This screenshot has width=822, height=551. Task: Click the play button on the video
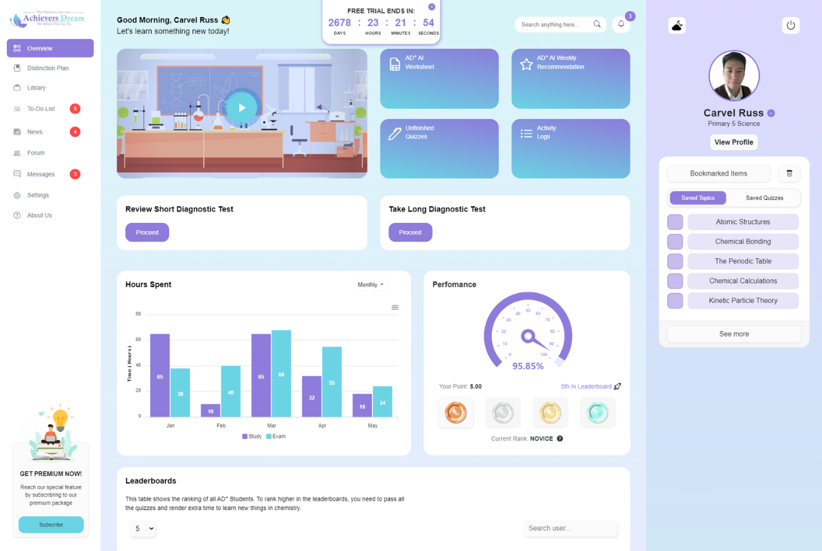[242, 108]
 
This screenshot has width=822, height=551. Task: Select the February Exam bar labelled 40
[230, 391]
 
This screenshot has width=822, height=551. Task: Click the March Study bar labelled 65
[261, 376]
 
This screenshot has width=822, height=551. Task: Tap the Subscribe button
[51, 524]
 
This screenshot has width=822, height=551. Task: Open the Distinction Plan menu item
[47, 68]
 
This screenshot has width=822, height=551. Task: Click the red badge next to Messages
[74, 174]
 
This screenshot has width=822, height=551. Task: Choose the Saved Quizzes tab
[764, 198]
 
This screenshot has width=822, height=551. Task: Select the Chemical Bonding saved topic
[742, 242]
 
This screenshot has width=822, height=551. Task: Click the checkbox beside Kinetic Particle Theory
[675, 300]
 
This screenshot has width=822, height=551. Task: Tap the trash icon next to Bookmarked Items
[789, 174]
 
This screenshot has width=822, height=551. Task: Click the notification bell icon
[621, 25]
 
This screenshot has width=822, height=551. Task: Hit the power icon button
[790, 25]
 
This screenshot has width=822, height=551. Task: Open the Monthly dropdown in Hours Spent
[371, 285]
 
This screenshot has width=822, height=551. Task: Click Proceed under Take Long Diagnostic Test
[410, 232]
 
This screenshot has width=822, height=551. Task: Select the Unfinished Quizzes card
[439, 149]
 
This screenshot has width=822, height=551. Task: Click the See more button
[734, 334]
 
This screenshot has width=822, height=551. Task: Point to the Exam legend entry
[276, 437]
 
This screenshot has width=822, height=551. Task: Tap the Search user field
[571, 528]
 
